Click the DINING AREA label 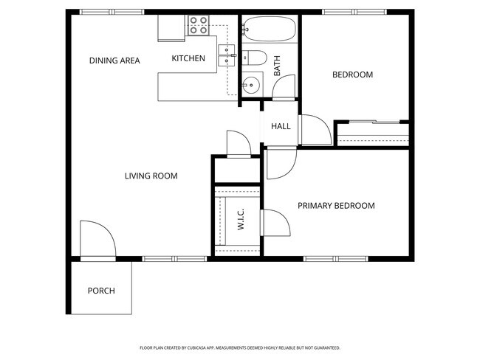click(x=114, y=60)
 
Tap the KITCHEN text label click(x=188, y=59)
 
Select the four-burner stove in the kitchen click(x=199, y=27)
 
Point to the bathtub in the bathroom click(x=269, y=30)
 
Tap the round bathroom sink click(x=250, y=84)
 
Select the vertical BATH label click(x=278, y=67)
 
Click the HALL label click(x=281, y=126)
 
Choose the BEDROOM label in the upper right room click(x=352, y=75)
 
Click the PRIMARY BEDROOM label click(x=336, y=206)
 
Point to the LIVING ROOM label click(x=151, y=176)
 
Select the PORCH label click(x=101, y=291)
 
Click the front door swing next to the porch click(x=96, y=240)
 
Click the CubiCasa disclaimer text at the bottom click(x=239, y=347)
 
